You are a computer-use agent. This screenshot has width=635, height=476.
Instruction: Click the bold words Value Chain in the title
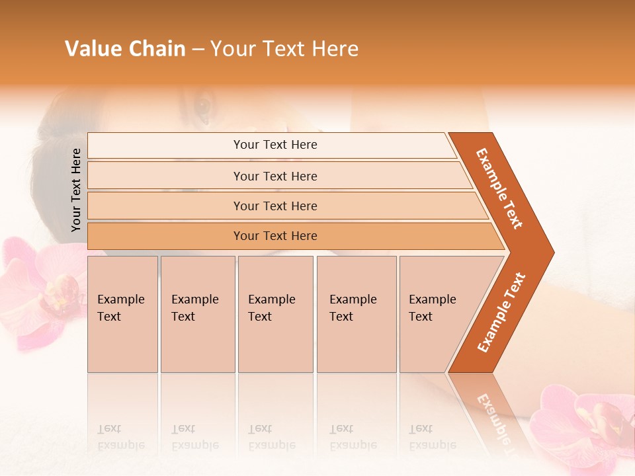point(125,49)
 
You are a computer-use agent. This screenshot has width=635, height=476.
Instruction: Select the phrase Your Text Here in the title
point(284,49)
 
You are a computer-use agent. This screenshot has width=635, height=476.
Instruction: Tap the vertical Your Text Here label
point(76,190)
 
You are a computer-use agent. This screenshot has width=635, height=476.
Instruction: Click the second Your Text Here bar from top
point(275,176)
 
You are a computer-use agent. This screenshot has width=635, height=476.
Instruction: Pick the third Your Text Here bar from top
point(275,206)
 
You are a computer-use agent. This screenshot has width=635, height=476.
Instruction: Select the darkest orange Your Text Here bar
point(275,236)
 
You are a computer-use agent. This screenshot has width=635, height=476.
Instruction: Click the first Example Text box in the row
point(122,314)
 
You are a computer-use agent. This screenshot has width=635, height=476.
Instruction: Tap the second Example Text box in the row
point(197,314)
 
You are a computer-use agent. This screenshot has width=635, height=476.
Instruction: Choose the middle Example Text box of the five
point(275,314)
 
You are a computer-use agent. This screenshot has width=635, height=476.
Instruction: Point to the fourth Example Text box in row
point(356,314)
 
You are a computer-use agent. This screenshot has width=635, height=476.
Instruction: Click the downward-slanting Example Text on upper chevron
point(500,188)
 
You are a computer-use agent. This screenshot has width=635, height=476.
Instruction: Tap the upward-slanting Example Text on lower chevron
point(501,312)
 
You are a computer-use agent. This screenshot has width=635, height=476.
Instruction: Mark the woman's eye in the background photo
point(202,105)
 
